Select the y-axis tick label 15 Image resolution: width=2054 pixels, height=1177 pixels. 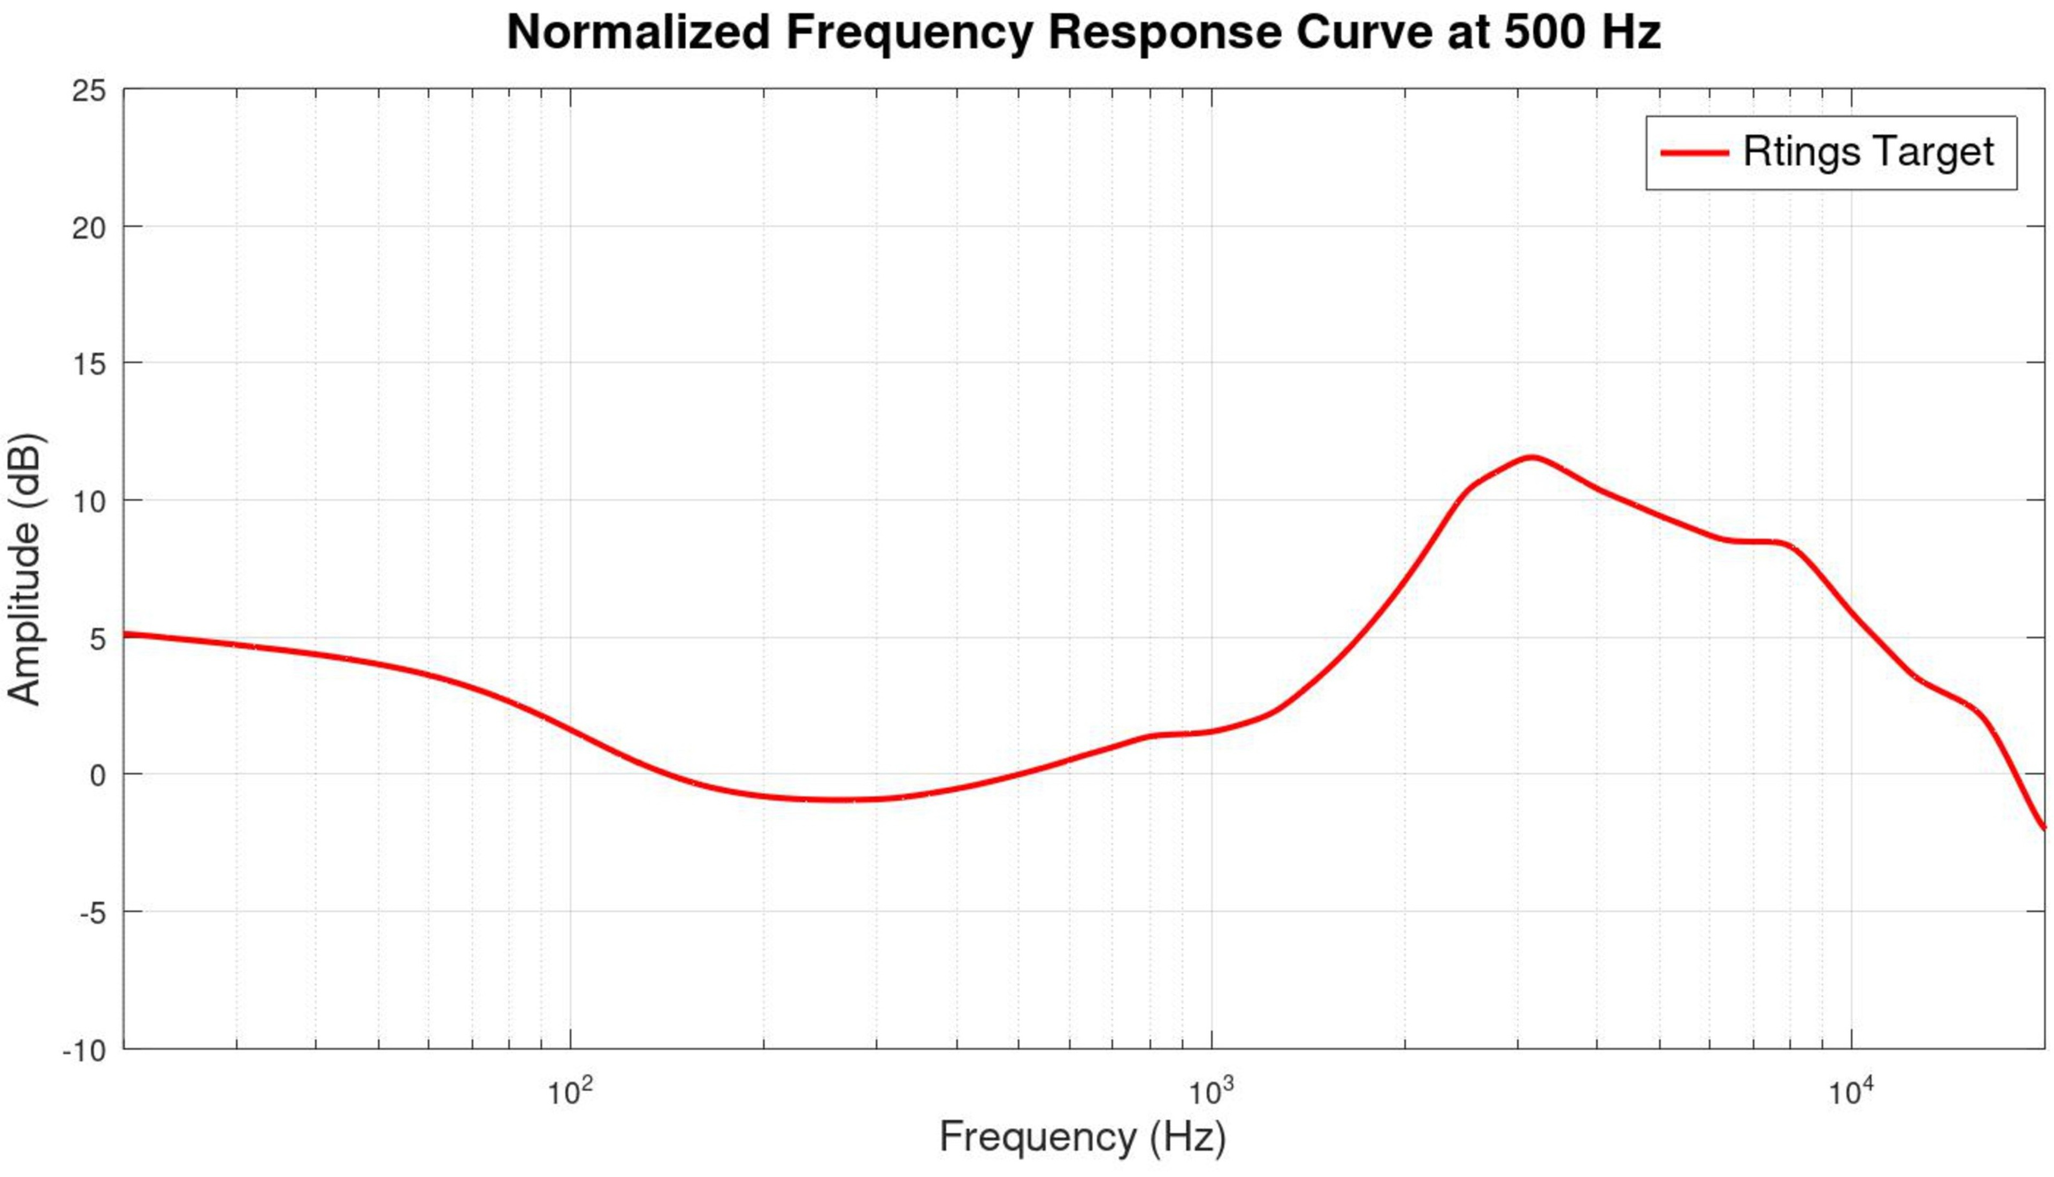coord(89,365)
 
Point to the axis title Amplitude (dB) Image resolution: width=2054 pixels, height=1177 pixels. coord(24,570)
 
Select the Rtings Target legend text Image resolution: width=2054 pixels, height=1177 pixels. coord(1868,152)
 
